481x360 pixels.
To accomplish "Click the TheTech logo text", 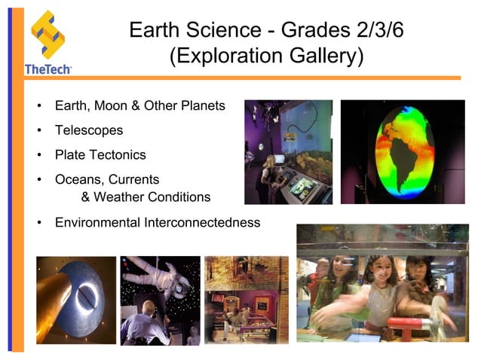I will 47,69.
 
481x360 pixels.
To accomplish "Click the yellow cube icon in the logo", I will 47,34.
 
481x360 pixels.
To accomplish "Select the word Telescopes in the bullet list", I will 89,130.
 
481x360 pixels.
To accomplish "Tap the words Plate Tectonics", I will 100,155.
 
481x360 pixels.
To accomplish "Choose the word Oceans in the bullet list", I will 76,179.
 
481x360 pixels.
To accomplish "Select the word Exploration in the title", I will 226,56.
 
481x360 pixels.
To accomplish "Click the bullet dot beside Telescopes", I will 39,130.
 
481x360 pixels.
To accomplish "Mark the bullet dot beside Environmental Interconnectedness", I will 39,222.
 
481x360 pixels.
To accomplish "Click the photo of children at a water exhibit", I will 382,283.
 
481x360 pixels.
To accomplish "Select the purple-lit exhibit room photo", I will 288,151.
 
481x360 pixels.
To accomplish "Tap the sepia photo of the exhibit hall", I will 247,300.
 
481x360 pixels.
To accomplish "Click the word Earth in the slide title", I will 155,31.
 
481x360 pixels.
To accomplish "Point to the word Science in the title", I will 225,31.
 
